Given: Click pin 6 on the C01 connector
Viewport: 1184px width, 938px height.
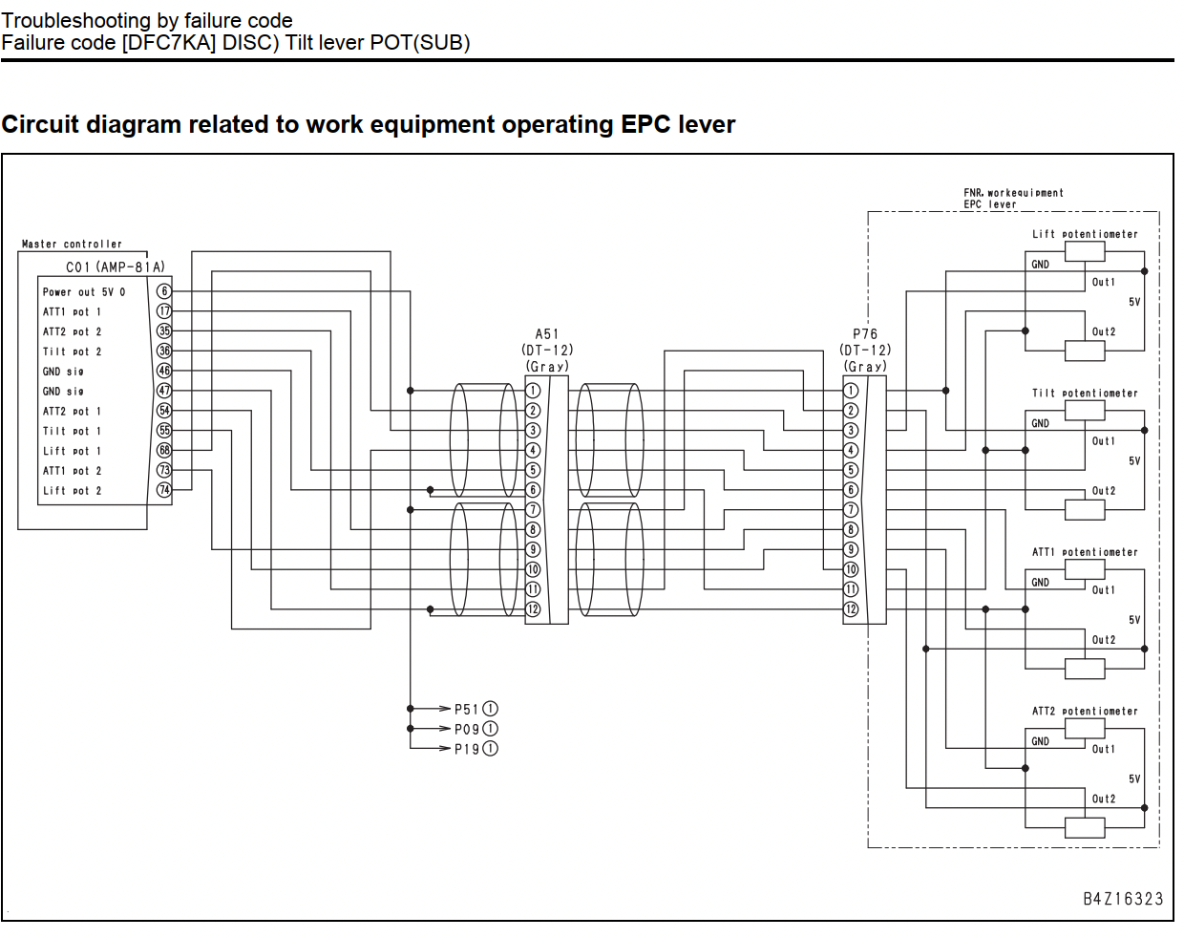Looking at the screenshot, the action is [x=164, y=291].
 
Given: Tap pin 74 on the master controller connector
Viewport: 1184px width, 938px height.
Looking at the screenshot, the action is [x=164, y=490].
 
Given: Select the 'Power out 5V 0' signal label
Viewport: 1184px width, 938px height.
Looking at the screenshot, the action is [x=84, y=292].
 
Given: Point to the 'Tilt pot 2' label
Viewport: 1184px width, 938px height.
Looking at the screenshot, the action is [x=72, y=352].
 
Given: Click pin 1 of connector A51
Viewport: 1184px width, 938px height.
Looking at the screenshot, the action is [x=533, y=391].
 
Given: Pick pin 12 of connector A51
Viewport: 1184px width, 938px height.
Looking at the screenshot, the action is [x=533, y=609].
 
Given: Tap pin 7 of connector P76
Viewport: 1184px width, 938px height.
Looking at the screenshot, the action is [x=851, y=510].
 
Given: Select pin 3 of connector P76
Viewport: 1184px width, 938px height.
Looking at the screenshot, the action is [x=851, y=431].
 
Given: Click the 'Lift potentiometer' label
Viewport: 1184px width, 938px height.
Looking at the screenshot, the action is [x=1085, y=235].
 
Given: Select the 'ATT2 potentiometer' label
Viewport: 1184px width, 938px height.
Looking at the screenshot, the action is [x=1085, y=712].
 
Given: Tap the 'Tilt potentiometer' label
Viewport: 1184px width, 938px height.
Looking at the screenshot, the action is [x=1085, y=394].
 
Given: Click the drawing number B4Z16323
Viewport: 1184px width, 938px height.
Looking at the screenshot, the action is [x=1124, y=899].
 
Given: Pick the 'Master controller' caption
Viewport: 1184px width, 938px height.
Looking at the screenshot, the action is [x=72, y=244].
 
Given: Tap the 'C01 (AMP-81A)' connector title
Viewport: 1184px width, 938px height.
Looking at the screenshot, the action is [x=116, y=267].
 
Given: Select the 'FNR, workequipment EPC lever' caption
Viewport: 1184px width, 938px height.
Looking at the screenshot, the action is [x=1013, y=199].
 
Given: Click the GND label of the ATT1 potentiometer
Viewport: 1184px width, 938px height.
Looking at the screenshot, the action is [x=1040, y=583].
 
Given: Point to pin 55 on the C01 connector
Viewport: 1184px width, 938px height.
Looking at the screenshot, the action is [x=164, y=431].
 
